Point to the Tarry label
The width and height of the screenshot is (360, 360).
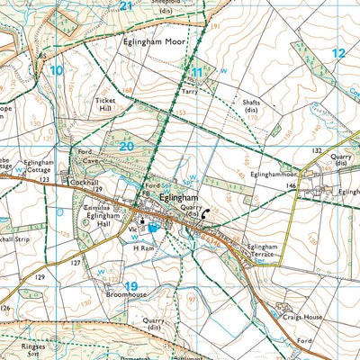190,92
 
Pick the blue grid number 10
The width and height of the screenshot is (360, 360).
57,69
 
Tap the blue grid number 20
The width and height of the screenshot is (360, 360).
126,145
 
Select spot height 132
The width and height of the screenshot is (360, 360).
317,150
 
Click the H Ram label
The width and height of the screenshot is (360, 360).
144,247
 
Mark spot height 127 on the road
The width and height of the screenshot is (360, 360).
76,263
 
